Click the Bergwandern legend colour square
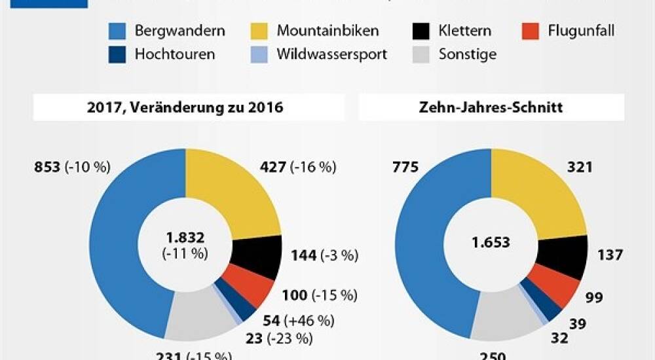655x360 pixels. pyautogui.click(x=116, y=31)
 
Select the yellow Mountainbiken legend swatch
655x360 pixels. pyautogui.click(x=258, y=31)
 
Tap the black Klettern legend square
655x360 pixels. pyautogui.click(x=421, y=31)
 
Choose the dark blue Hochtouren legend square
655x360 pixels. pyautogui.click(x=116, y=54)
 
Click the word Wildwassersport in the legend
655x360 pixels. pyautogui.click(x=331, y=54)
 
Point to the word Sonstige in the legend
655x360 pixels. pyautogui.click(x=468, y=54)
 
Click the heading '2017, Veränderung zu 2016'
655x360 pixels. pyautogui.click(x=189, y=108)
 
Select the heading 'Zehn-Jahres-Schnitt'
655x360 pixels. pyautogui.click(x=491, y=108)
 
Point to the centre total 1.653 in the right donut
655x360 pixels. pyautogui.click(x=491, y=243)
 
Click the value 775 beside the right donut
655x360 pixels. pyautogui.click(x=404, y=168)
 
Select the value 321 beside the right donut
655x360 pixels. pyautogui.click(x=580, y=168)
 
